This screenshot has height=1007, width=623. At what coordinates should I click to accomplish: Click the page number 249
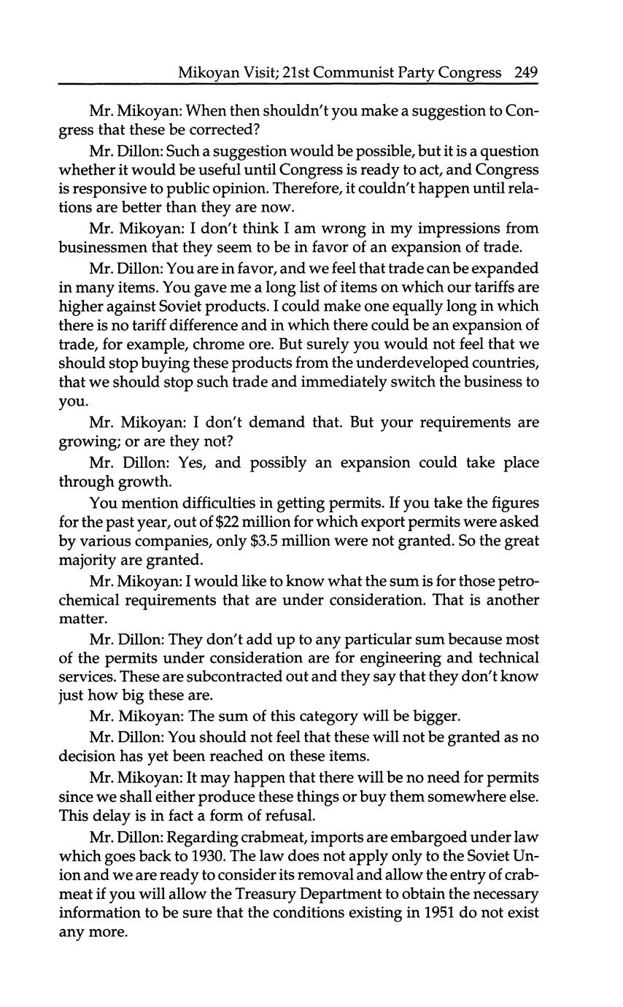click(x=525, y=72)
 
